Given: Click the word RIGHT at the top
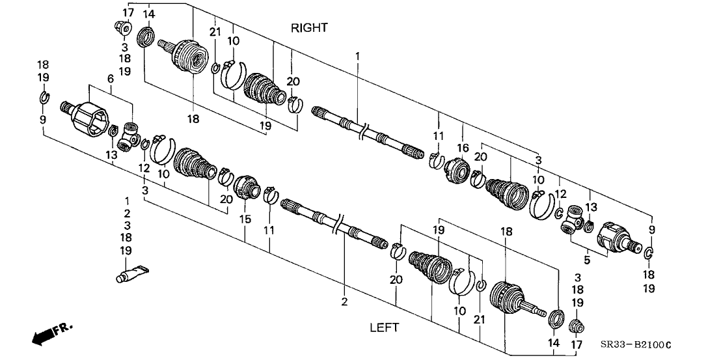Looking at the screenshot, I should coord(309,28).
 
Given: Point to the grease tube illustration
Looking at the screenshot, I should coord(131,273).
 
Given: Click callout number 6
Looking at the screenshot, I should coord(111,77).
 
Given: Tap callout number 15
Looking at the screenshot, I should coord(245,220).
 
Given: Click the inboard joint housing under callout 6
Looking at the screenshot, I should coord(87,119).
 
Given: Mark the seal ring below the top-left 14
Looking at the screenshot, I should coord(146,35).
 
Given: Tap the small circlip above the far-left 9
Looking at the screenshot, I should coord(43,99).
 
